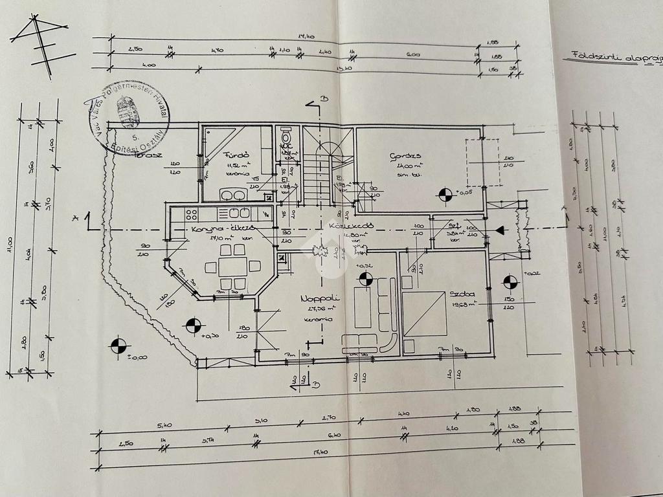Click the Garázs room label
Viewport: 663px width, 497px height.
click(x=406, y=156)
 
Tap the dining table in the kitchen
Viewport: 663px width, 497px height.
click(x=232, y=266)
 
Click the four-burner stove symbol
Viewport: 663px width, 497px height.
click(x=192, y=213)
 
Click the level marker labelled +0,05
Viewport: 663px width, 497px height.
click(x=445, y=193)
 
